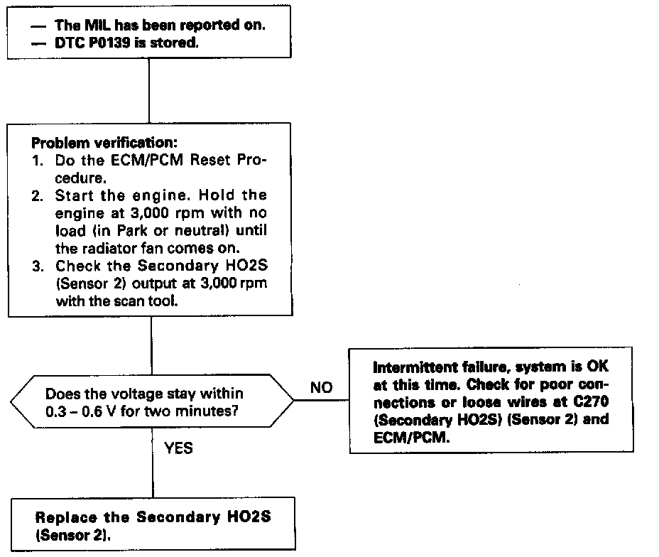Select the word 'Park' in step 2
[x=148, y=231]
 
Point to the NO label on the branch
[x=321, y=389]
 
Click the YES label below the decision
[x=179, y=448]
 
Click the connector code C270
[x=594, y=401]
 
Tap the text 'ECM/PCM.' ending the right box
[x=401, y=436]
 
